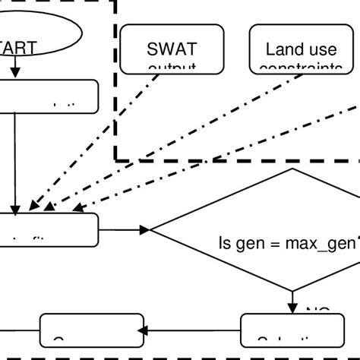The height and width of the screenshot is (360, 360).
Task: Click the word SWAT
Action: tap(172, 50)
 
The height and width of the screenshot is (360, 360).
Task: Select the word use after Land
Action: tap(321, 50)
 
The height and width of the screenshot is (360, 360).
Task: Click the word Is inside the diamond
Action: tap(226, 244)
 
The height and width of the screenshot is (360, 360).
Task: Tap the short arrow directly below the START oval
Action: tap(14, 71)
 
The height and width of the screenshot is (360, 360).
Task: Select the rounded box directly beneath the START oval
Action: tap(49, 96)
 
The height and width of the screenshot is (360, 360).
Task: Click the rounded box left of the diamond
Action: tap(49, 229)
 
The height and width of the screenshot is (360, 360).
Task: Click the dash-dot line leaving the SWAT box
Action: tap(114, 137)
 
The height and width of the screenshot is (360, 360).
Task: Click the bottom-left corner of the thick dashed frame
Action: tap(116, 159)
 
